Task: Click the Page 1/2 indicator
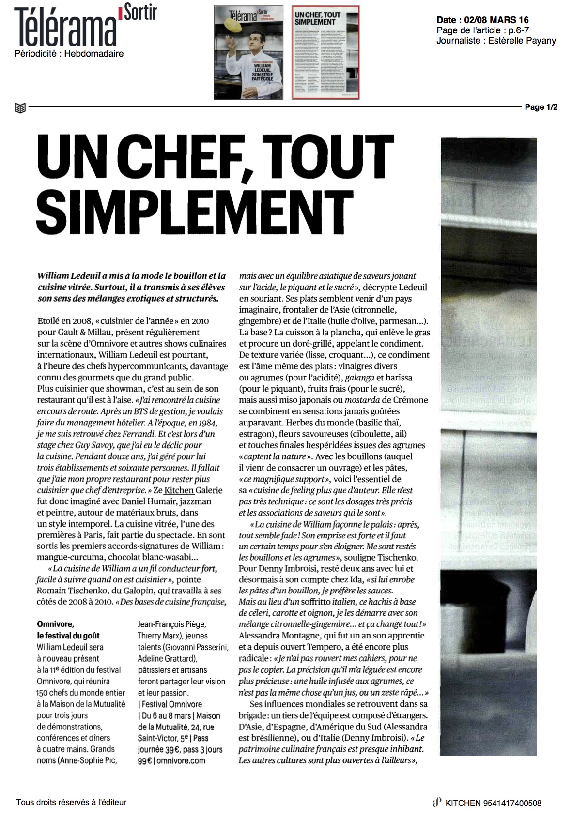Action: (x=541, y=107)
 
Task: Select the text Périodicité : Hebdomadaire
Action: (x=69, y=54)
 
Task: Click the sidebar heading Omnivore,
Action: (x=56, y=624)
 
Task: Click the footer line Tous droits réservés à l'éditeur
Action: (x=71, y=802)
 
